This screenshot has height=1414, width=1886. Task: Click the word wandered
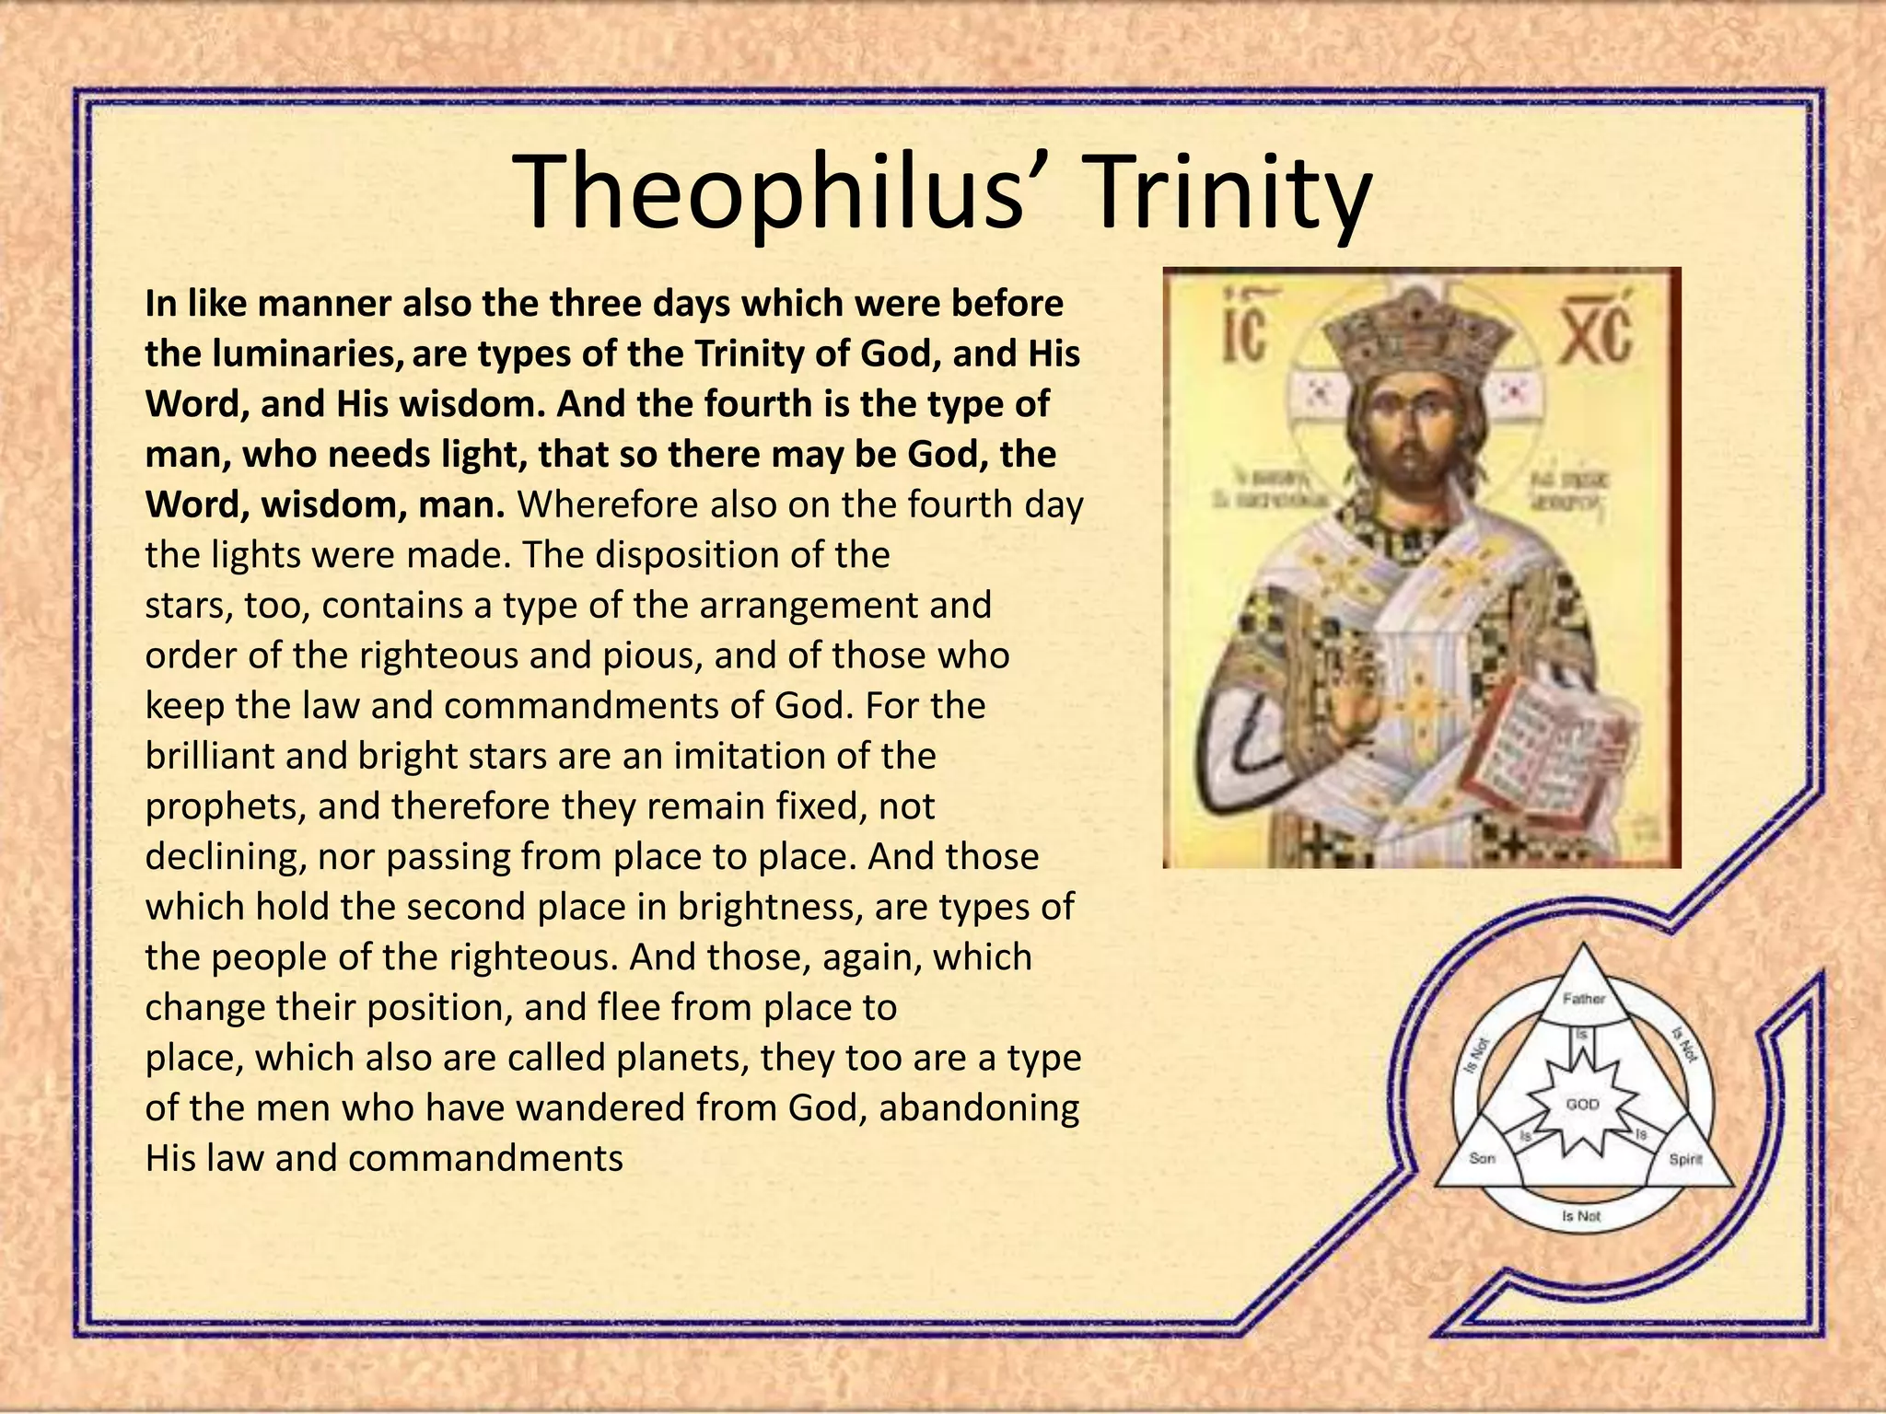click(599, 1107)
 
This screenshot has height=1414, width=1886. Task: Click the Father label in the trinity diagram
click(1584, 999)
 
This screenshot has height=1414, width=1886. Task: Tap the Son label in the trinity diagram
click(1482, 1158)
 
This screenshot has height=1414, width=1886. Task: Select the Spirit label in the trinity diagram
click(1685, 1159)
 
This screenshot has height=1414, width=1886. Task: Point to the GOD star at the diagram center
click(1583, 1104)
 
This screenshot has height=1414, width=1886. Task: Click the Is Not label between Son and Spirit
click(1582, 1216)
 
